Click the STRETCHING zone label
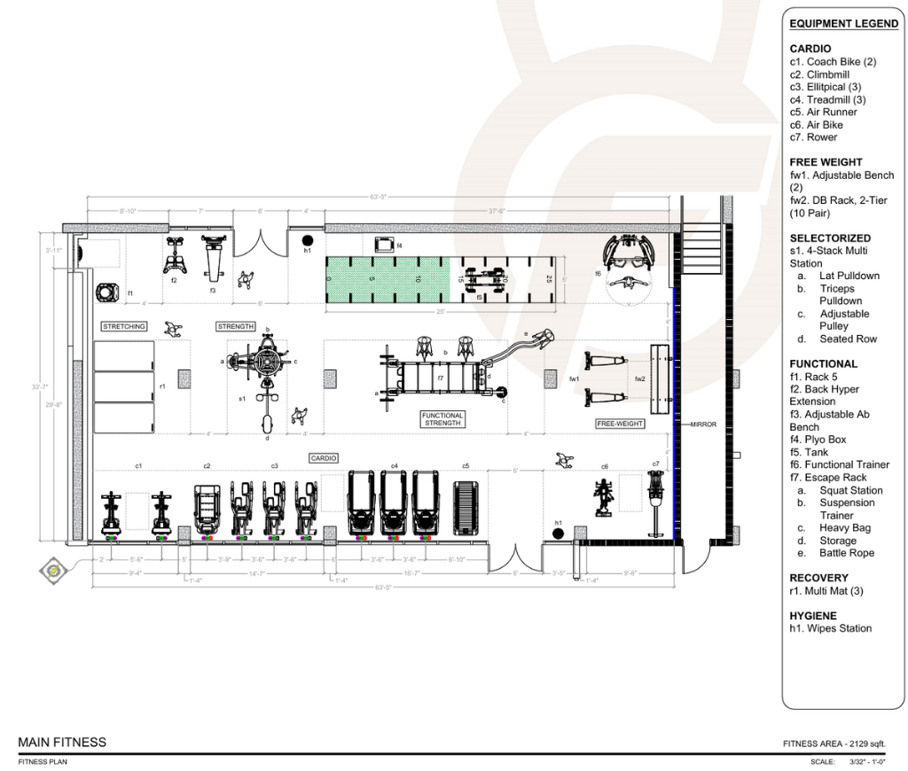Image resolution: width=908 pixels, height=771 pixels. click(x=123, y=327)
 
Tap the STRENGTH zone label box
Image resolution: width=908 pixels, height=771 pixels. click(x=235, y=327)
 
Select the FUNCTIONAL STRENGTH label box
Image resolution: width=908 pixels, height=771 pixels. click(x=442, y=419)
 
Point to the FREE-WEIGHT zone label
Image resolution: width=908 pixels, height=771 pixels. click(x=619, y=424)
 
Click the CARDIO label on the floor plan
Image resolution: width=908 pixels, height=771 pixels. click(x=324, y=458)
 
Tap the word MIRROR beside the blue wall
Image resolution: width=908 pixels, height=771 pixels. click(x=703, y=424)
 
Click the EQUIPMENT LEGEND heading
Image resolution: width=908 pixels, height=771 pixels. click(x=843, y=24)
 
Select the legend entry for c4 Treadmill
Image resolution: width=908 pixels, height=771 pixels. click(x=827, y=99)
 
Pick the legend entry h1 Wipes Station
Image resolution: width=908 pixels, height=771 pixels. click(x=830, y=628)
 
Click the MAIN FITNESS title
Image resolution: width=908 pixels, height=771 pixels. click(x=62, y=743)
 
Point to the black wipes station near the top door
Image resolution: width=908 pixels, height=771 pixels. click(x=308, y=239)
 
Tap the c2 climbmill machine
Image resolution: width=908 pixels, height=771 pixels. click(x=207, y=509)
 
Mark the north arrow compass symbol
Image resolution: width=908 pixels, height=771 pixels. click(x=54, y=570)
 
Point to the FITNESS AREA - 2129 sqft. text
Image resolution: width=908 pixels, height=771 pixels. click(x=834, y=743)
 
